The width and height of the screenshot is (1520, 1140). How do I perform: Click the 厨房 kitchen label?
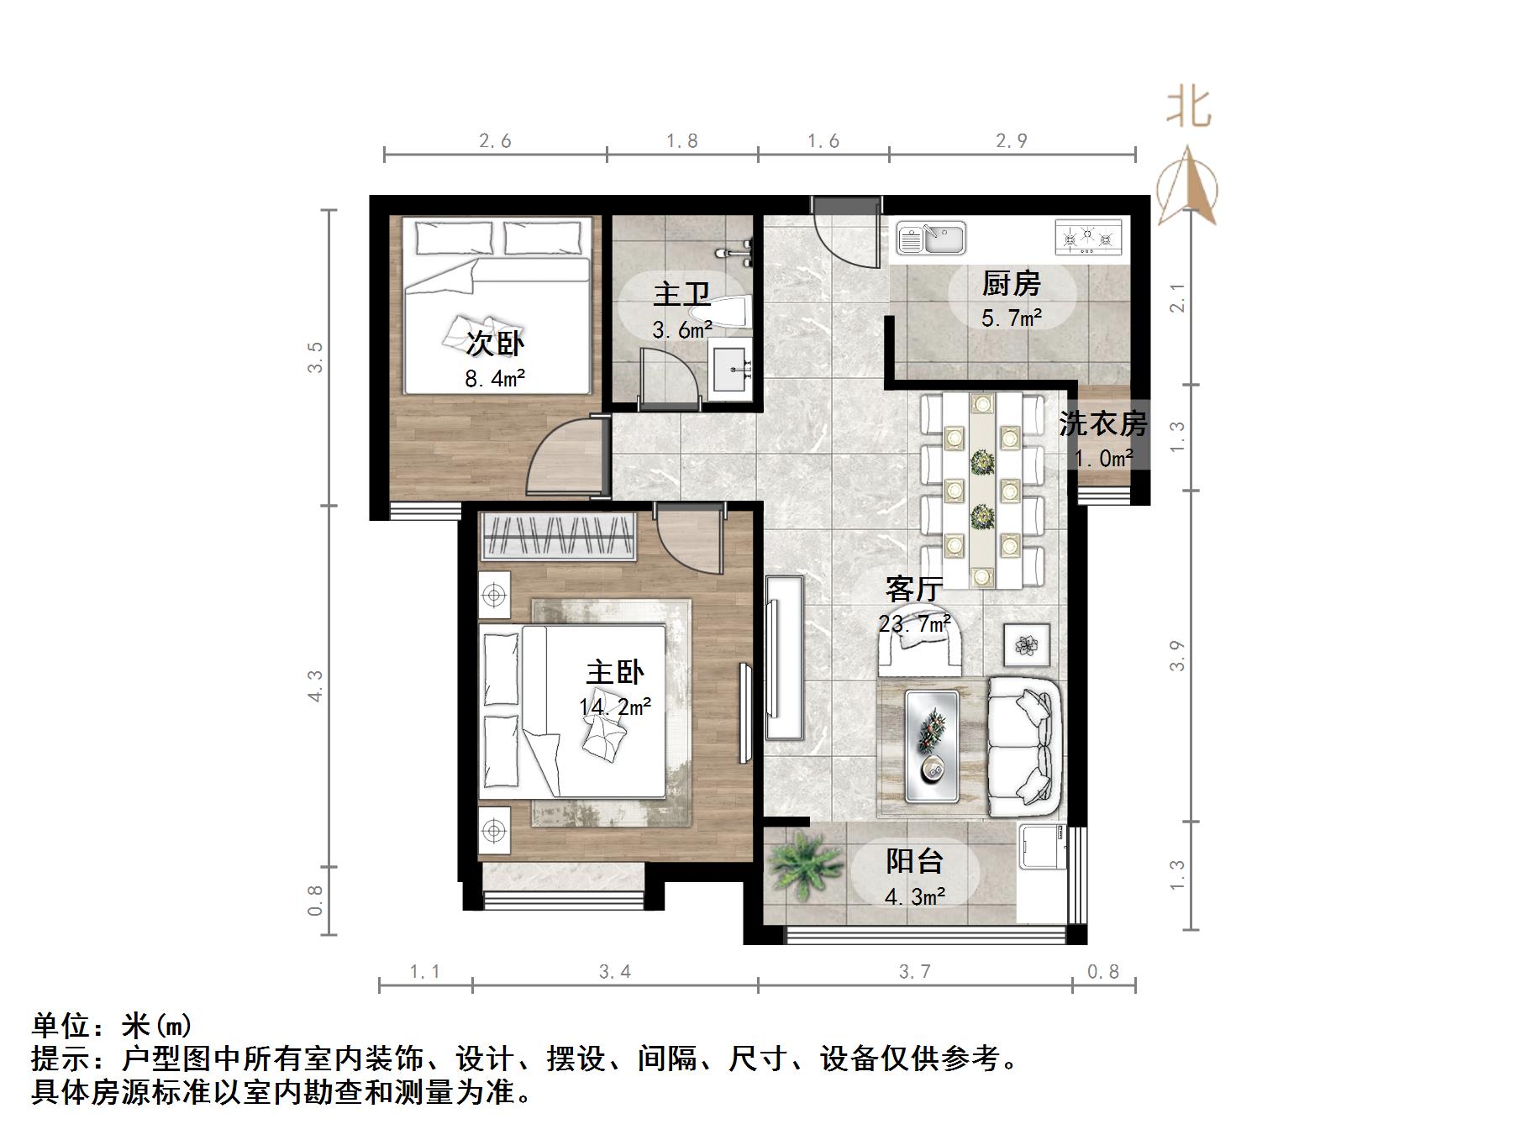1011,284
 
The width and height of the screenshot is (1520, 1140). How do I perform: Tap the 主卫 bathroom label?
681,295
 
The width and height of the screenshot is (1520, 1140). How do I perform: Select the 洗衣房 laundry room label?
1102,423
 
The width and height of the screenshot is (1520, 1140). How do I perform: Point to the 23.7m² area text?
914,624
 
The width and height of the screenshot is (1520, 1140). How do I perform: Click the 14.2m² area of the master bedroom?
615,707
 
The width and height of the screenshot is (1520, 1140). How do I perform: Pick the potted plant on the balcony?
805,864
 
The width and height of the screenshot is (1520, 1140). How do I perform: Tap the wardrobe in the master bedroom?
558,536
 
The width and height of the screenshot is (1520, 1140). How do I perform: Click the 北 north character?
1188,108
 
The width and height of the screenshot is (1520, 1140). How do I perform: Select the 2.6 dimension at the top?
495,141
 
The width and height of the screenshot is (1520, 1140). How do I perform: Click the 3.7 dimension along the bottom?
914,972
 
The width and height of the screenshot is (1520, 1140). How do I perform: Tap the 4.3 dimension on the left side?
315,685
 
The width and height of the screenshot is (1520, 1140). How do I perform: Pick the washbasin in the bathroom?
735,369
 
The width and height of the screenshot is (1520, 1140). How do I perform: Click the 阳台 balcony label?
914,861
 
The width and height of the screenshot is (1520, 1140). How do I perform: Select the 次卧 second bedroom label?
495,344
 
